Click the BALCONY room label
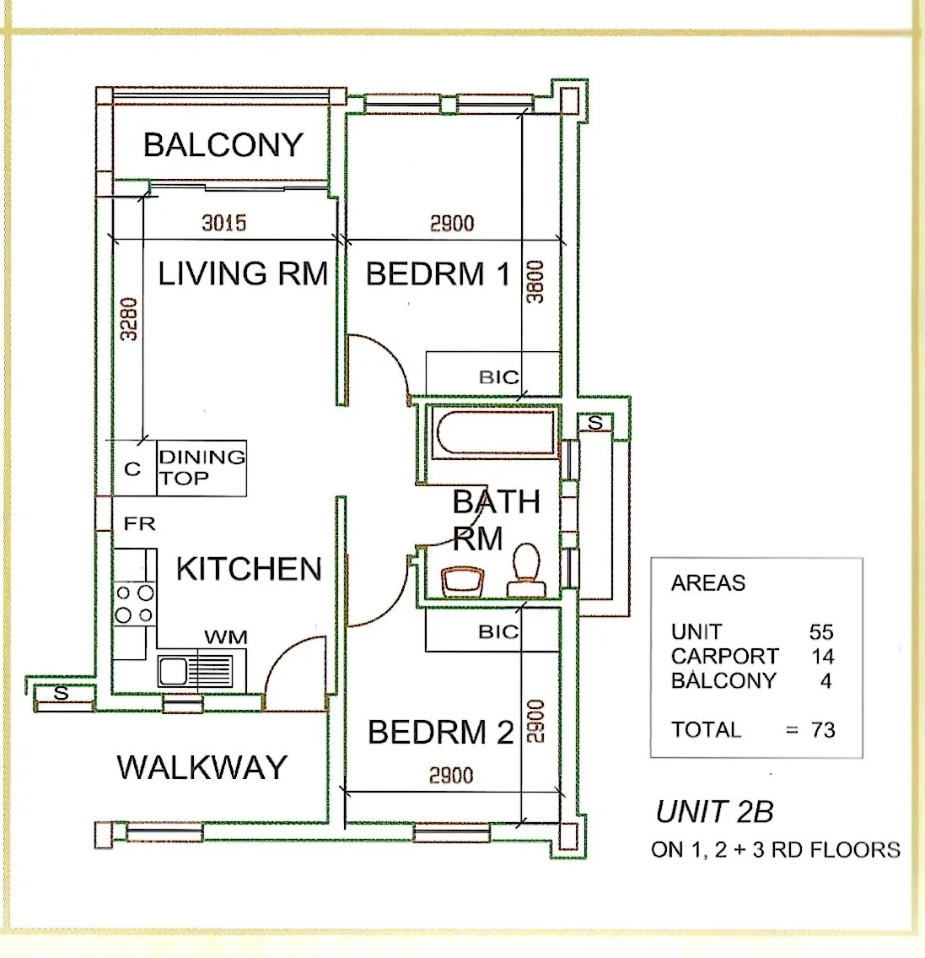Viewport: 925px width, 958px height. click(223, 145)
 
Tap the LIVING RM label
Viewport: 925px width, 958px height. click(243, 273)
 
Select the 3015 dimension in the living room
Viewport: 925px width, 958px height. click(224, 222)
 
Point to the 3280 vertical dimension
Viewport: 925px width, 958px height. click(129, 319)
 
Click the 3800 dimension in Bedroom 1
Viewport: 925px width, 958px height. click(535, 282)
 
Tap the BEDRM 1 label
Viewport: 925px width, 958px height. click(438, 273)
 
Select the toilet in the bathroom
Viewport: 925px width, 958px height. click(524, 570)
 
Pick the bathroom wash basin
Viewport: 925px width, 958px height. click(462, 581)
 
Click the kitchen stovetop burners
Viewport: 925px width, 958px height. click(135, 603)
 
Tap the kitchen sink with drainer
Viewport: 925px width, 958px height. click(196, 671)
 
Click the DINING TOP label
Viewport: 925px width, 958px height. click(202, 467)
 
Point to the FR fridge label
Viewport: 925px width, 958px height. click(140, 523)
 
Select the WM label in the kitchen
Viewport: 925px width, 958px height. click(226, 637)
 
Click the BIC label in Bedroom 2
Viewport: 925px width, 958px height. click(498, 631)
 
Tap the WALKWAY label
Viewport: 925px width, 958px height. click(202, 767)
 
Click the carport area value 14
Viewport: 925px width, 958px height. click(822, 656)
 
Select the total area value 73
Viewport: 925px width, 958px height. click(823, 729)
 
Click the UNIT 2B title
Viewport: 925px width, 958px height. click(714, 812)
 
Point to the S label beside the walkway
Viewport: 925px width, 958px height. click(61, 694)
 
